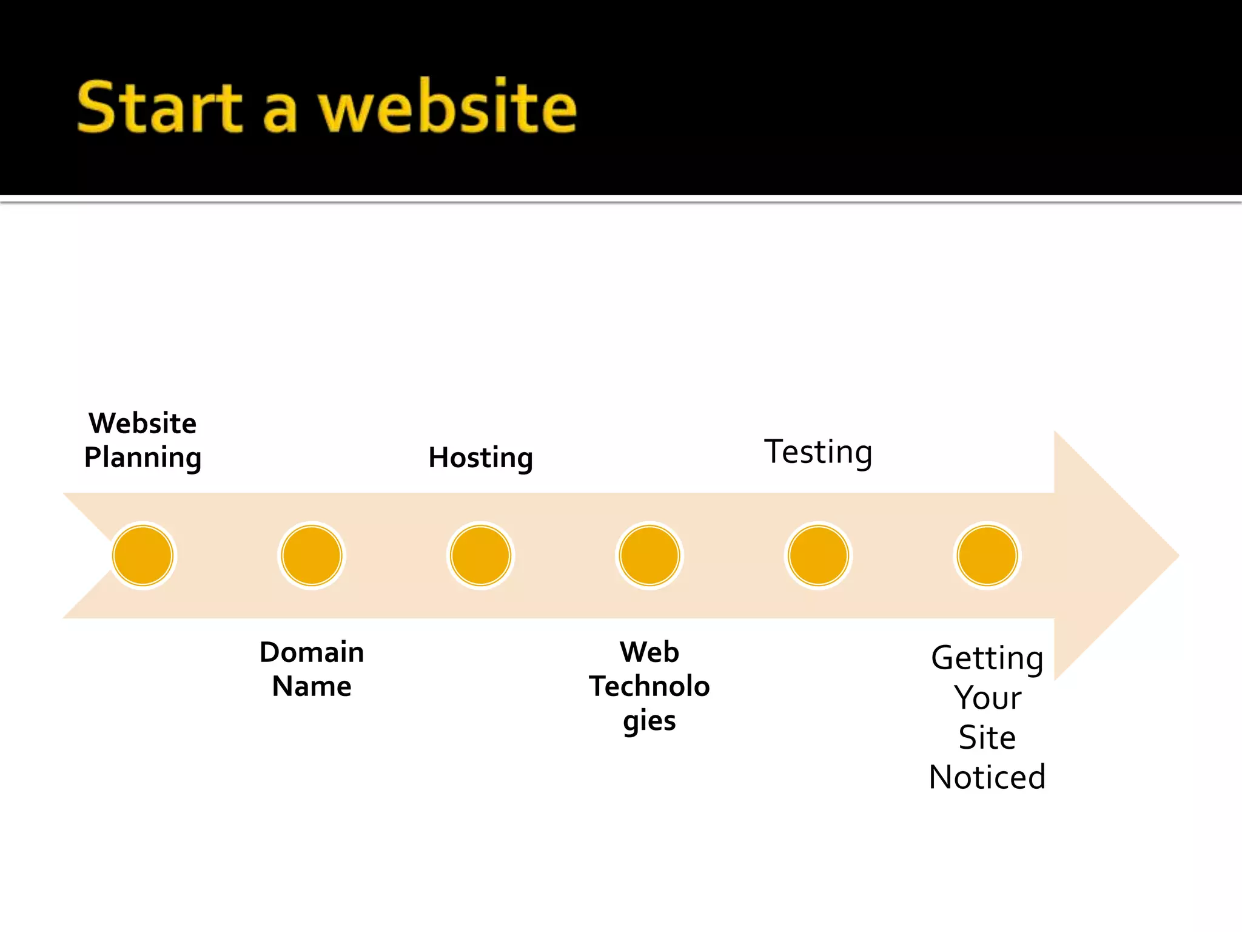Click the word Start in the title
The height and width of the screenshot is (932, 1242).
pyautogui.click(x=159, y=107)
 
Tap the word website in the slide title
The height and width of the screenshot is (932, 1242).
pyautogui.click(x=448, y=107)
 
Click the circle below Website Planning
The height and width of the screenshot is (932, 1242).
pyautogui.click(x=143, y=556)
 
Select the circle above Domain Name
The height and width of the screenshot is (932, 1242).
pyautogui.click(x=312, y=556)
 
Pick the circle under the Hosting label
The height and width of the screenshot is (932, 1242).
pyautogui.click(x=480, y=556)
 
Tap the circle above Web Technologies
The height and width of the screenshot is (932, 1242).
pyautogui.click(x=650, y=556)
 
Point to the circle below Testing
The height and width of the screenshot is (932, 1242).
pyautogui.click(x=818, y=556)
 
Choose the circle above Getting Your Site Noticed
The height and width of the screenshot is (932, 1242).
pyautogui.click(x=987, y=556)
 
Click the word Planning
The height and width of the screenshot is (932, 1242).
pyautogui.click(x=143, y=458)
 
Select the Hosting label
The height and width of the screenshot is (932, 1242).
pyautogui.click(x=480, y=458)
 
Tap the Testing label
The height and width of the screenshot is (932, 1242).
pyautogui.click(x=818, y=453)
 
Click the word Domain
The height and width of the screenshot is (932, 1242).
pyautogui.click(x=312, y=652)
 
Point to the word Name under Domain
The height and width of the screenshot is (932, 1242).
pyautogui.click(x=312, y=687)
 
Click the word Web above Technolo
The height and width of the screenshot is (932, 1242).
pyautogui.click(x=650, y=652)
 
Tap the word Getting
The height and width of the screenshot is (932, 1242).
pyautogui.click(x=987, y=658)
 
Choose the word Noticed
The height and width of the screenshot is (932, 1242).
pyautogui.click(x=987, y=777)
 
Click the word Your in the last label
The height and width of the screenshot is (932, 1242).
pyautogui.click(x=987, y=698)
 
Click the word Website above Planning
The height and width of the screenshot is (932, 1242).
pyautogui.click(x=143, y=424)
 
